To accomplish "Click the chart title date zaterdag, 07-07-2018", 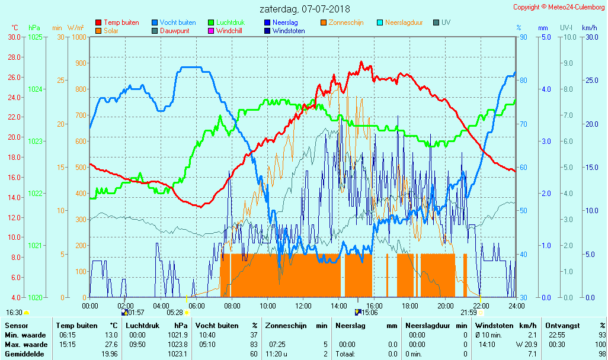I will point(305,9).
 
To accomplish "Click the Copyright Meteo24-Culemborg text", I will point(559,7).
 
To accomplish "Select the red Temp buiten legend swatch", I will point(98,22).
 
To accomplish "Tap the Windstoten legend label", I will point(289,31).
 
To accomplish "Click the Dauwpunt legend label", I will point(175,31).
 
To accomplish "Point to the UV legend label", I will point(446,22).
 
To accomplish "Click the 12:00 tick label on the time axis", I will point(303,306).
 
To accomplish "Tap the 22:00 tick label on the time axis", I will point(481,306).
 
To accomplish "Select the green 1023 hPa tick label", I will point(35,141).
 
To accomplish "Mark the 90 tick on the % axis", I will point(523,37).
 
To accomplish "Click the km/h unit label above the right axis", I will point(589,28).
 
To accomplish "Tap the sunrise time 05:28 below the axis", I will point(175,313).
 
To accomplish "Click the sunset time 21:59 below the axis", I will point(469,313).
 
